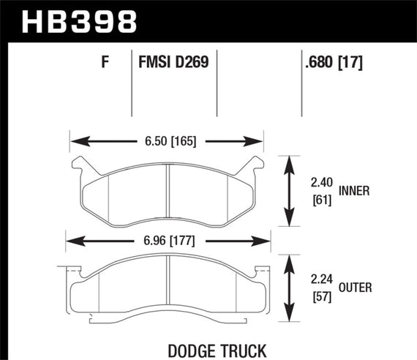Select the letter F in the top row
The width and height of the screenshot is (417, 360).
(x=105, y=63)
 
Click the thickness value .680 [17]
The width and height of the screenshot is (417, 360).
(x=334, y=63)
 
